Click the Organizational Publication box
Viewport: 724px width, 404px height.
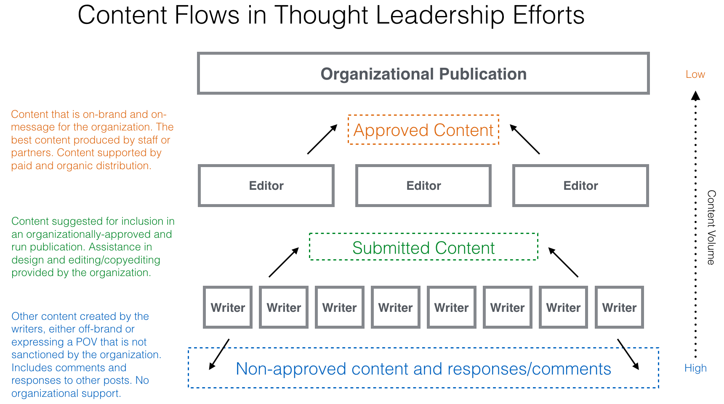pos(423,74)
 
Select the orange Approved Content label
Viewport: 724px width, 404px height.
pos(423,130)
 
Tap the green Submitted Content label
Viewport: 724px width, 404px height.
pos(423,247)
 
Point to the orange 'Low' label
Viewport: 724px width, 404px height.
pos(695,74)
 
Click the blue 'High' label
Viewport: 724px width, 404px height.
pos(695,368)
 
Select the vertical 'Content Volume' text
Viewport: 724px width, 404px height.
pos(711,227)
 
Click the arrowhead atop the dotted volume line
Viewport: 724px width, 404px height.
pos(696,96)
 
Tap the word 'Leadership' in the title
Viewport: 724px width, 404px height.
pos(440,15)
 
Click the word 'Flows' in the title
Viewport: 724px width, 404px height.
pos(207,15)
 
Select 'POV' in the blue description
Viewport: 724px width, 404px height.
pos(86,342)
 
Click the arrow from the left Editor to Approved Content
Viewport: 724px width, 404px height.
pos(322,139)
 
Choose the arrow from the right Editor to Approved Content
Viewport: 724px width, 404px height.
pos(524,139)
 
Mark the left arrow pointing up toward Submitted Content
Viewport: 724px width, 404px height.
pos(284,262)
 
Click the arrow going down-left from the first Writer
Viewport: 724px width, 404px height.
pos(219,354)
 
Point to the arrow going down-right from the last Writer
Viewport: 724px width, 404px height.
pos(628,354)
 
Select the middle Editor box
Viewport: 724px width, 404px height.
pos(423,186)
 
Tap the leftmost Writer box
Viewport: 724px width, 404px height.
pos(228,307)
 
